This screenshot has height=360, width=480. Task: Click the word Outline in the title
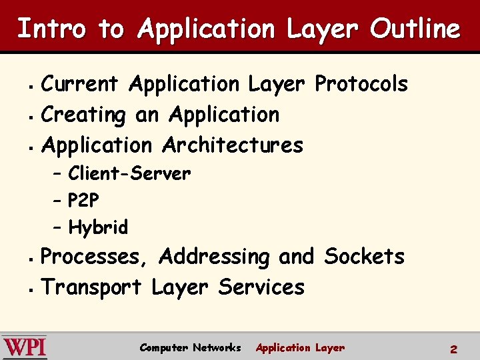415,29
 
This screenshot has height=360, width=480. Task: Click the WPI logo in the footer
24,347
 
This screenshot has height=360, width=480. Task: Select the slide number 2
453,349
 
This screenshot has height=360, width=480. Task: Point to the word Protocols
361,84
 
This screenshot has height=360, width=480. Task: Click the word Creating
83,115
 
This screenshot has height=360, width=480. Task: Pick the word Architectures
233,145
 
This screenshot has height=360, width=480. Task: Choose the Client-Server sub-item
129,174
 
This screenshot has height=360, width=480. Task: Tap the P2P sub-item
85,201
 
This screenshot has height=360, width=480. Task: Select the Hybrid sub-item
98,227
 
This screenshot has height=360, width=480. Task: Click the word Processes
96,257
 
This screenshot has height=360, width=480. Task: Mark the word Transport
91,287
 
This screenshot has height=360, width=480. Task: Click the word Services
261,287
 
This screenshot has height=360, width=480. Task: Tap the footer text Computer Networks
190,347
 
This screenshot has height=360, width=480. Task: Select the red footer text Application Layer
300,347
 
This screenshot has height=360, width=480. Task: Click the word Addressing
215,257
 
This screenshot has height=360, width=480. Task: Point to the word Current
80,84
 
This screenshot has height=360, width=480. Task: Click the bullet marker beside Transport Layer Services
31,289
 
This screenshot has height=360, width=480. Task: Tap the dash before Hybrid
57,228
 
